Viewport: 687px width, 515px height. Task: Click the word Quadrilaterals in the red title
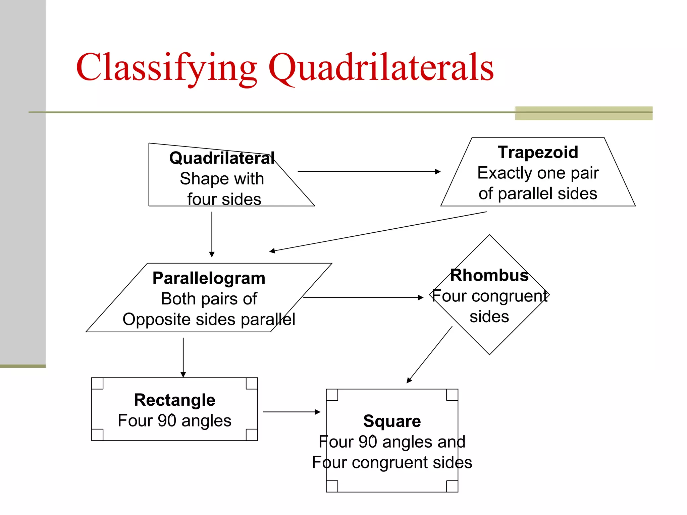(381, 68)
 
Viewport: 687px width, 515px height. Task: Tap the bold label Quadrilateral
(222, 158)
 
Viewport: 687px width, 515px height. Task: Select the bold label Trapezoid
(538, 152)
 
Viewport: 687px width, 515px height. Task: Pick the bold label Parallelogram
(209, 278)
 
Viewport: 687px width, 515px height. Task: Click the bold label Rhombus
(489, 275)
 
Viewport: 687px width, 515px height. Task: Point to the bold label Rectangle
(174, 400)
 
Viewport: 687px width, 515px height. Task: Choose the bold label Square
(392, 421)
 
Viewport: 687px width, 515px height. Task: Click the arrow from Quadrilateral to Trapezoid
(369, 172)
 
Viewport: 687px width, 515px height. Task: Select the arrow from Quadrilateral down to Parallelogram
(212, 234)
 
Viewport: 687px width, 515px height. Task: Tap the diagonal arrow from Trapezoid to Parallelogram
(378, 231)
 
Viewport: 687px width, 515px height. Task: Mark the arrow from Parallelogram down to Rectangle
(183, 357)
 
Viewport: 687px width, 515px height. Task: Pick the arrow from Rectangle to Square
(292, 412)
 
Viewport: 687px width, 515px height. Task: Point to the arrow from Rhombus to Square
(429, 354)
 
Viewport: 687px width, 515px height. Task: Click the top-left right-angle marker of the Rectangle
(97, 384)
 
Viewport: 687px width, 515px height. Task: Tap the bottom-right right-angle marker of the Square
(452, 486)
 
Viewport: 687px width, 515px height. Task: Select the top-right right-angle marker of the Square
(452, 395)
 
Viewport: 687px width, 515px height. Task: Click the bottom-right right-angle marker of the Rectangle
(252, 435)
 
